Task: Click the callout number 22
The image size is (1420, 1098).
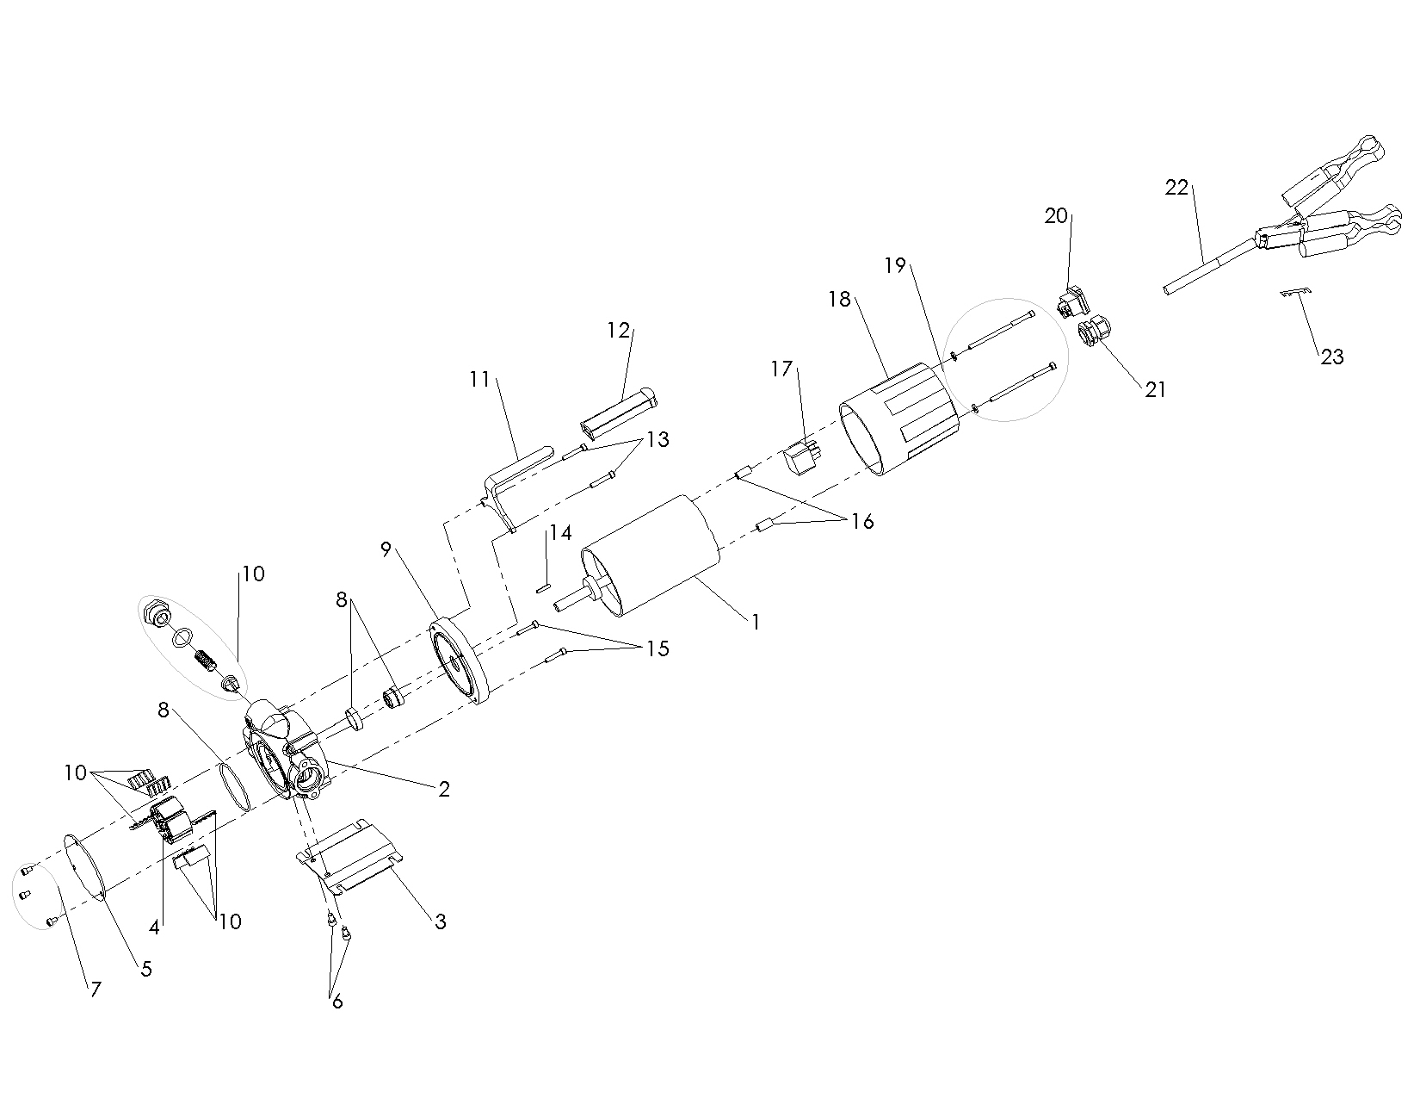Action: pyautogui.click(x=1176, y=187)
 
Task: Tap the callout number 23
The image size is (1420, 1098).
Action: pyautogui.click(x=1331, y=357)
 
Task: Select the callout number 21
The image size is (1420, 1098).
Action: pyautogui.click(x=1155, y=389)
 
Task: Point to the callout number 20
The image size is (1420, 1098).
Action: pyautogui.click(x=1056, y=216)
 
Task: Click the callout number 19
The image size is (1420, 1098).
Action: pyautogui.click(x=895, y=265)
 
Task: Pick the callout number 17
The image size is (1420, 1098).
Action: pyautogui.click(x=781, y=369)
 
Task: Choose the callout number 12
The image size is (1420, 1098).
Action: pyautogui.click(x=619, y=331)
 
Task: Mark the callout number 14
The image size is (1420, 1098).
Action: pyautogui.click(x=560, y=533)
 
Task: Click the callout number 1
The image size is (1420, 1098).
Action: pyautogui.click(x=756, y=621)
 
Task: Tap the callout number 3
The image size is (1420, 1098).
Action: pyautogui.click(x=440, y=921)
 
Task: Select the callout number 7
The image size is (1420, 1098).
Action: pyautogui.click(x=95, y=989)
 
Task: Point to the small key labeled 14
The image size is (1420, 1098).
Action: pyautogui.click(x=542, y=589)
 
